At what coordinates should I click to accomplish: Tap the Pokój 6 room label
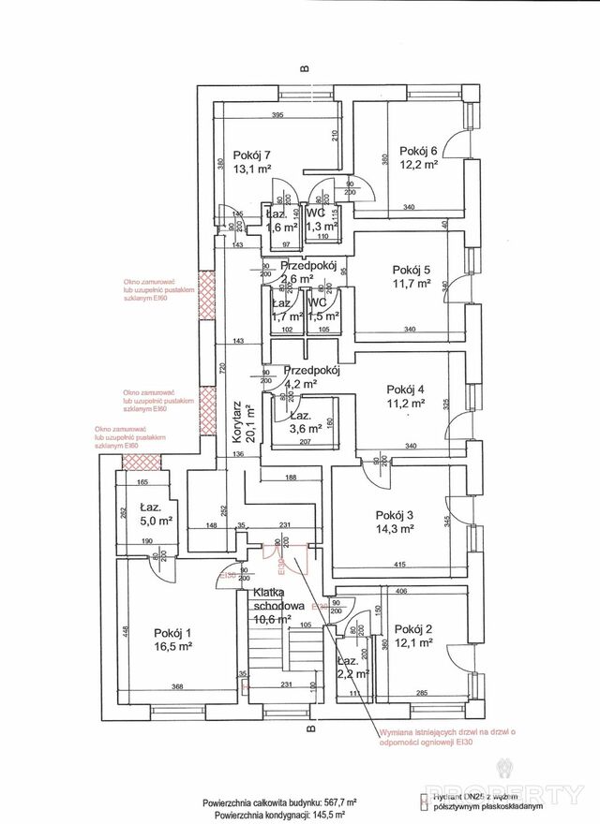pyautogui.click(x=418, y=151)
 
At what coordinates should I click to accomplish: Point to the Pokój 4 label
pyautogui.click(x=406, y=390)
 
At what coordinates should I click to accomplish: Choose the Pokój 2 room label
pyautogui.click(x=413, y=628)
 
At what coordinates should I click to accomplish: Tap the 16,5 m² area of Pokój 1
pyautogui.click(x=173, y=646)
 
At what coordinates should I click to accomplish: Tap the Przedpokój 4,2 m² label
pyautogui.click(x=309, y=376)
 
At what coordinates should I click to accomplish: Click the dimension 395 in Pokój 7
pyautogui.click(x=277, y=115)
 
